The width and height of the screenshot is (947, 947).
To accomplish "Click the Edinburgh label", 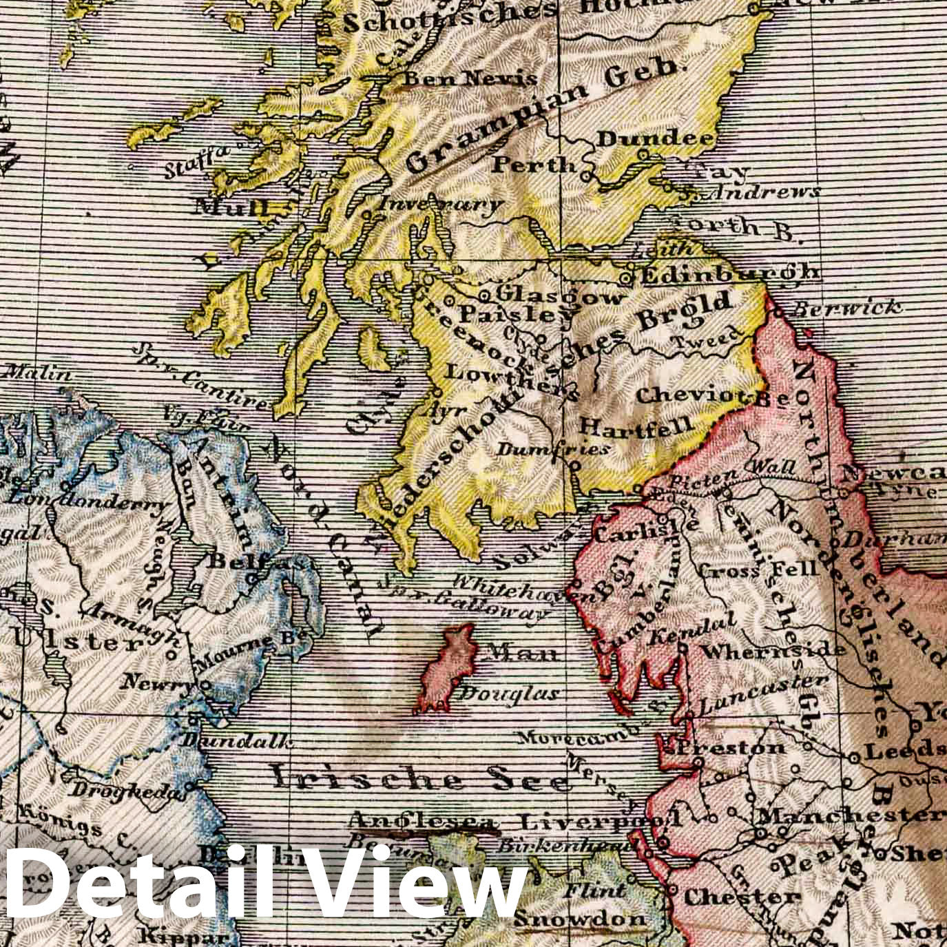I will pyautogui.click(x=730, y=274).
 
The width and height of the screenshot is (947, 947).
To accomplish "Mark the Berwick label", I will pyautogui.click(x=845, y=307).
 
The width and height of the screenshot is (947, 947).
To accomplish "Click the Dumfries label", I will pyautogui.click(x=553, y=449).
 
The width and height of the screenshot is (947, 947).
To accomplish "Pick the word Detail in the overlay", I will pyautogui.click(x=138, y=888).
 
